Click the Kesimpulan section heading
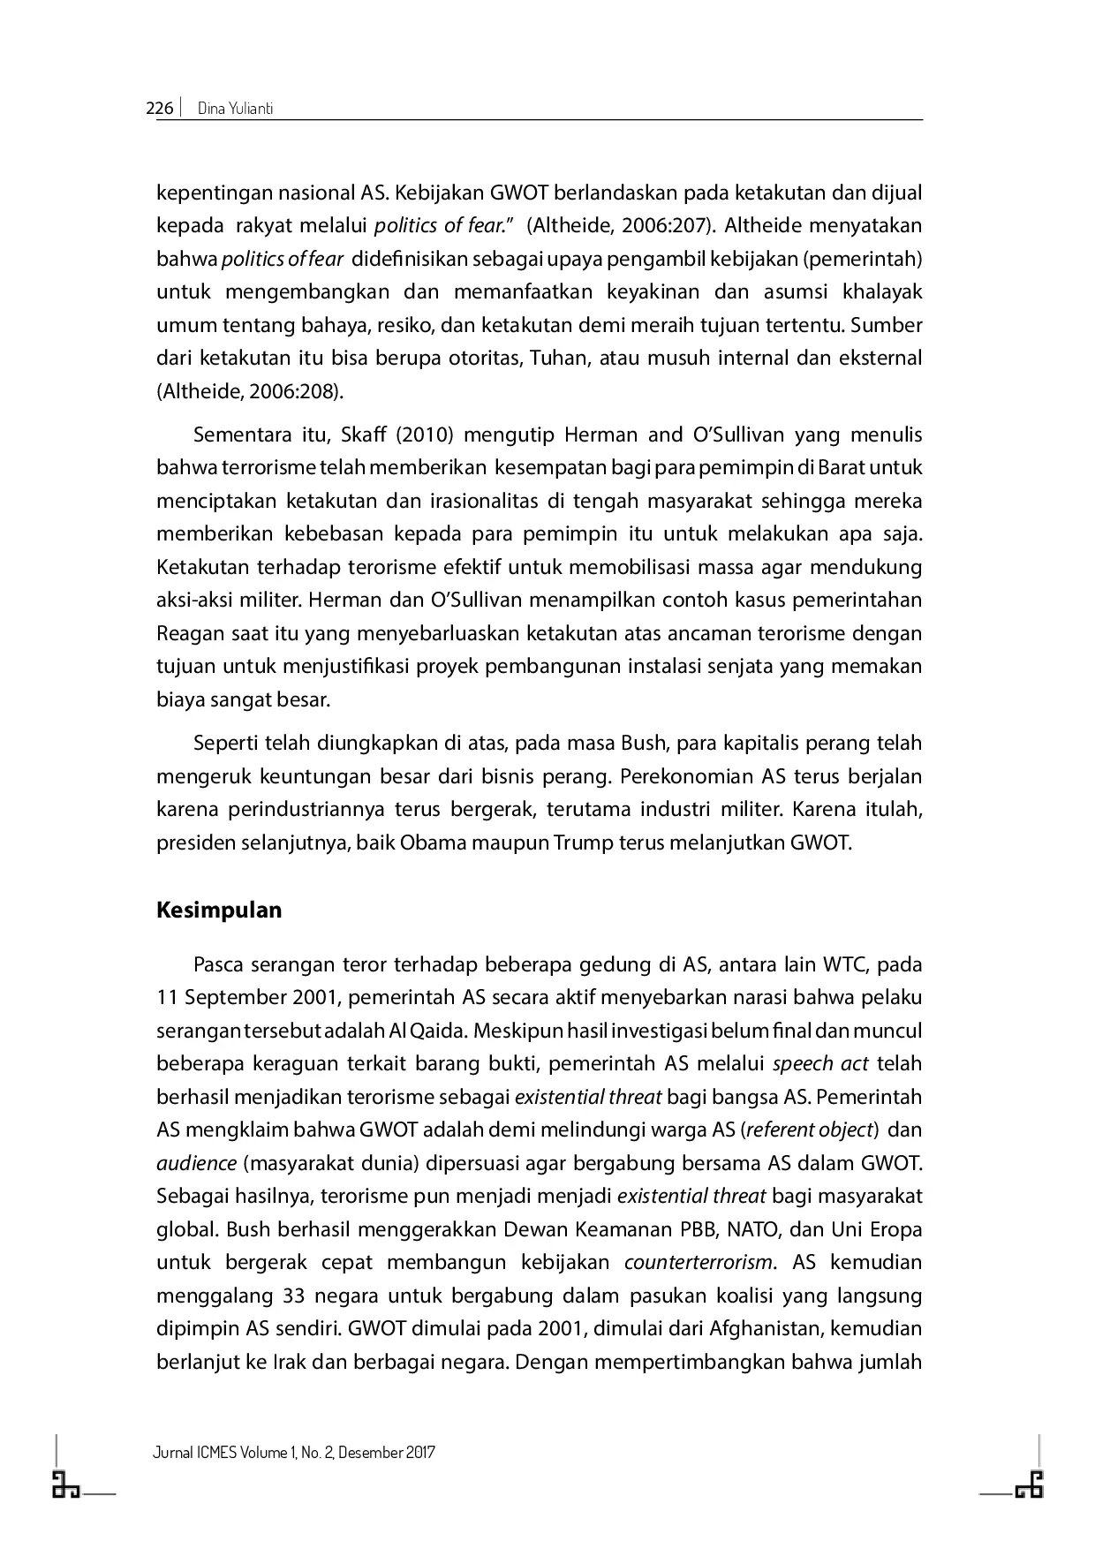coord(219,910)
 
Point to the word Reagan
coord(187,633)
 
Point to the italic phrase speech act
coord(820,1063)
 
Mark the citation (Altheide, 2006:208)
coord(249,391)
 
